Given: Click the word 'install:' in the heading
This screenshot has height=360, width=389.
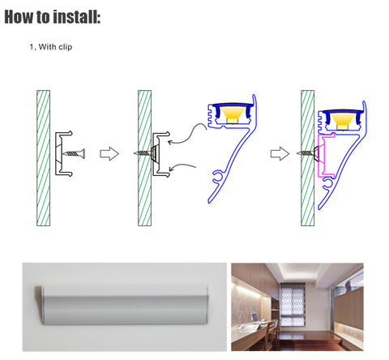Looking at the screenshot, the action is coord(77,17).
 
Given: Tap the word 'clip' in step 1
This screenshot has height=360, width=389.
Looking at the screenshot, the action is coord(66,47).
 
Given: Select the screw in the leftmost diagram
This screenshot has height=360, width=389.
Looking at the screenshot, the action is coord(74,153).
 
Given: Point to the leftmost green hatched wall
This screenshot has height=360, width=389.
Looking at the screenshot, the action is coord(43,158).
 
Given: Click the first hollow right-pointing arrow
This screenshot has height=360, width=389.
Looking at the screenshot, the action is coord(109,154).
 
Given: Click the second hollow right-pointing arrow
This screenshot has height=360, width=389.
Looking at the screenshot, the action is coord(280,154).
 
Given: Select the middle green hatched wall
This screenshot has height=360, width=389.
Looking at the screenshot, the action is coord(144,158).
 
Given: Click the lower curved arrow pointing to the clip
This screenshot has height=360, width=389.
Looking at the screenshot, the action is coord(182,166).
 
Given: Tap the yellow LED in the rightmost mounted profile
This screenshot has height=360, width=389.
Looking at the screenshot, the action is coord(342,122).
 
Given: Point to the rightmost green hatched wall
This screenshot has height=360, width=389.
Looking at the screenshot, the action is coord(308,158).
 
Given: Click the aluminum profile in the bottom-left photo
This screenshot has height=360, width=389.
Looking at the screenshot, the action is coord(122,305).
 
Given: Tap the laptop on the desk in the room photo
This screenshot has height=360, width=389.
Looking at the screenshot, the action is coord(254,318).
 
